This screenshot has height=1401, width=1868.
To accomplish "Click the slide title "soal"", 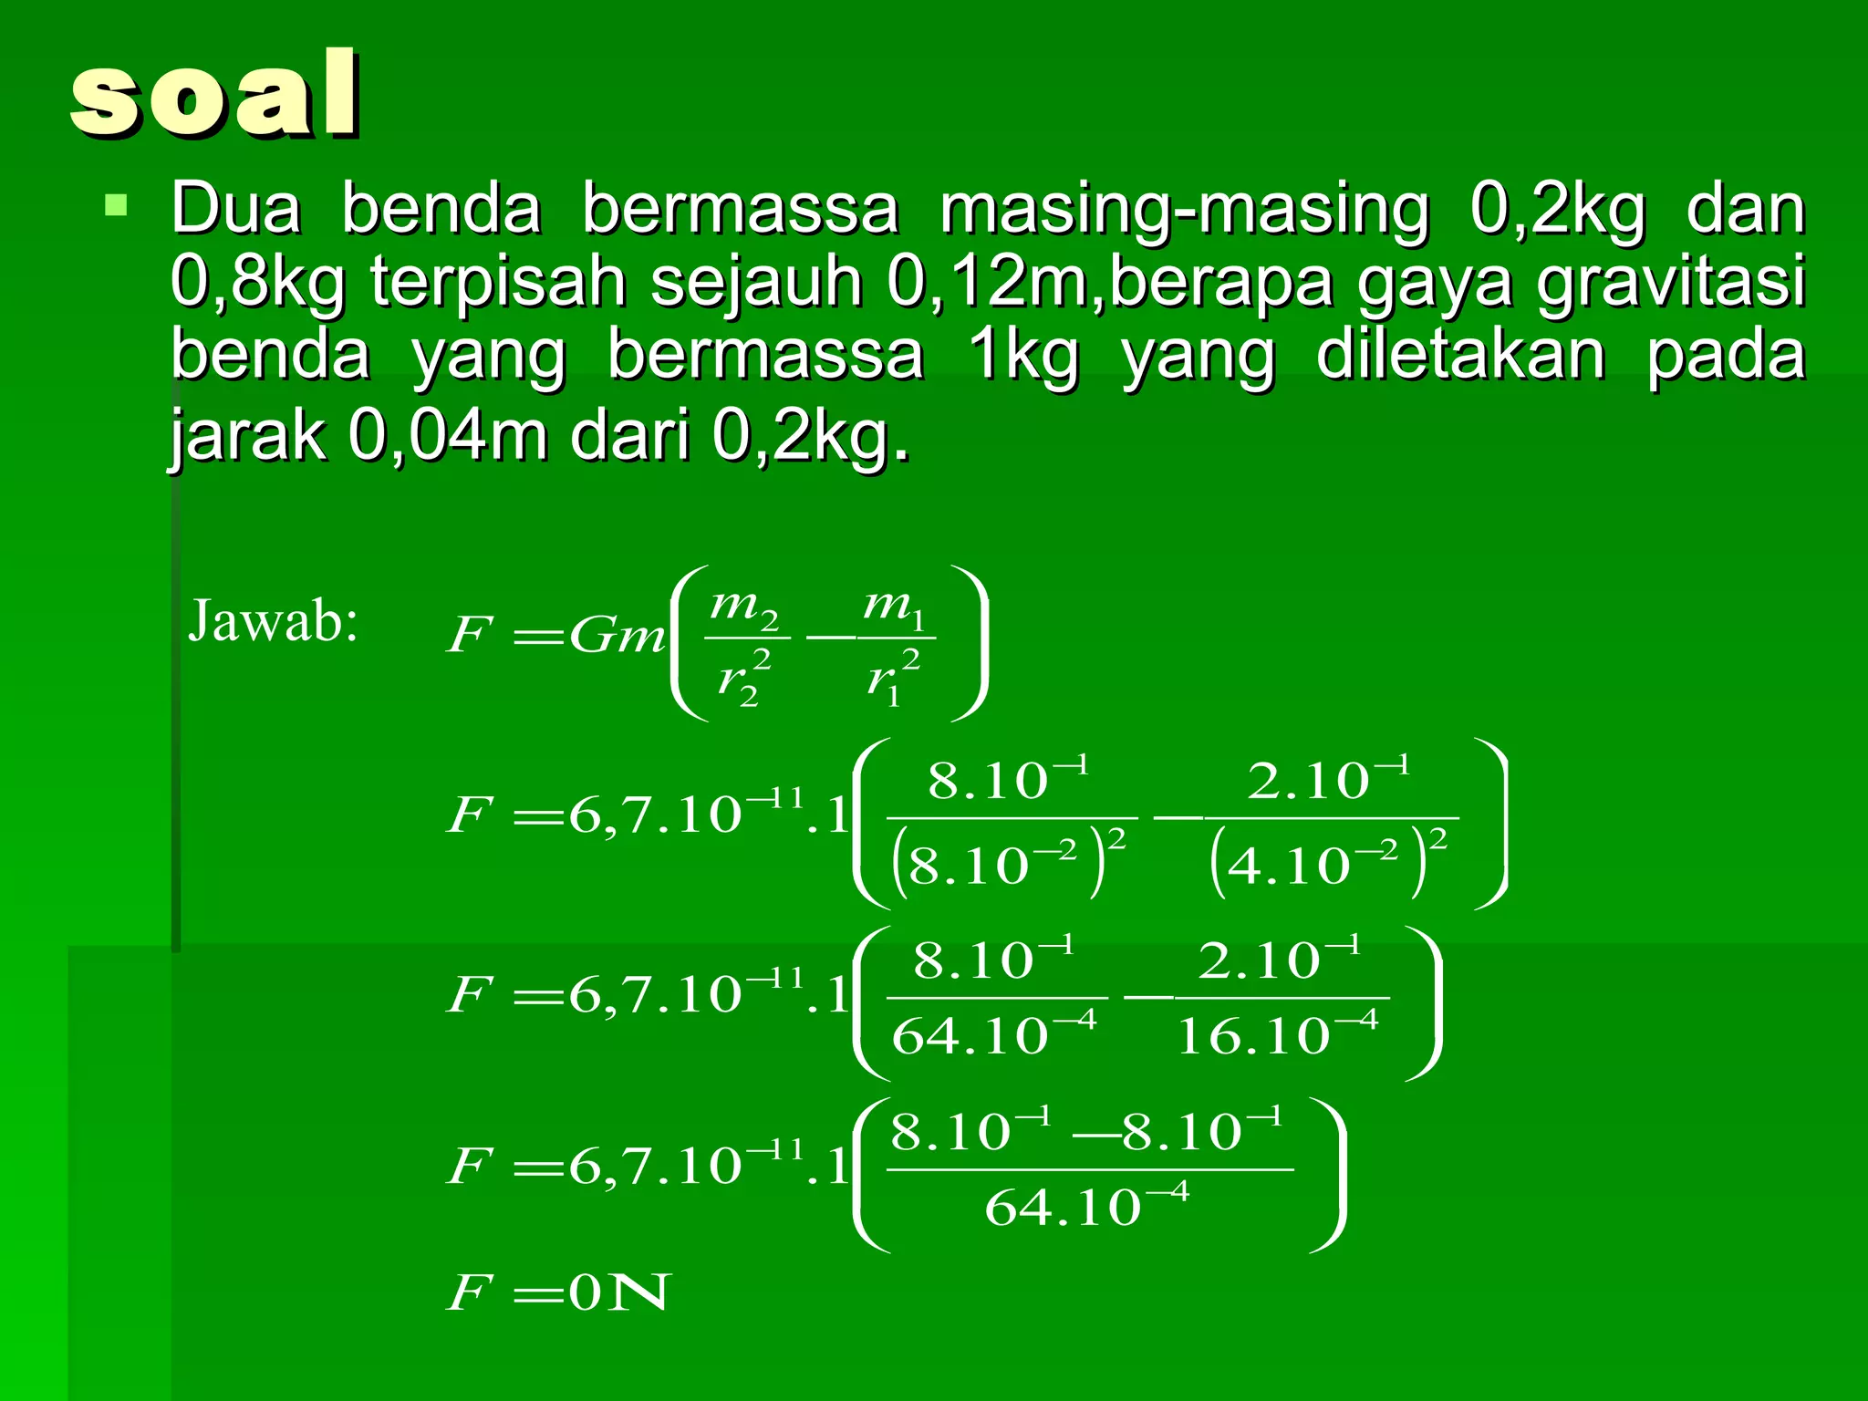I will [x=215, y=95].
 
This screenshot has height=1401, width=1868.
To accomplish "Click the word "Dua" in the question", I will [x=235, y=209].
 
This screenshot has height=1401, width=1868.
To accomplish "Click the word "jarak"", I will [x=246, y=436].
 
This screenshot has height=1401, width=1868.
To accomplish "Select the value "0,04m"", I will [x=447, y=436].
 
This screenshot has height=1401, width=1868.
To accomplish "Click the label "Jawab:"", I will [x=273, y=622].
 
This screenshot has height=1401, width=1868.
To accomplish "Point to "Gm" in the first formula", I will [x=617, y=636].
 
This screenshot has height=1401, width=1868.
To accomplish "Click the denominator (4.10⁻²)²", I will [x=1328, y=862].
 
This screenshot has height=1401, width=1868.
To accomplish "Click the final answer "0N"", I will [x=619, y=1292].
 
